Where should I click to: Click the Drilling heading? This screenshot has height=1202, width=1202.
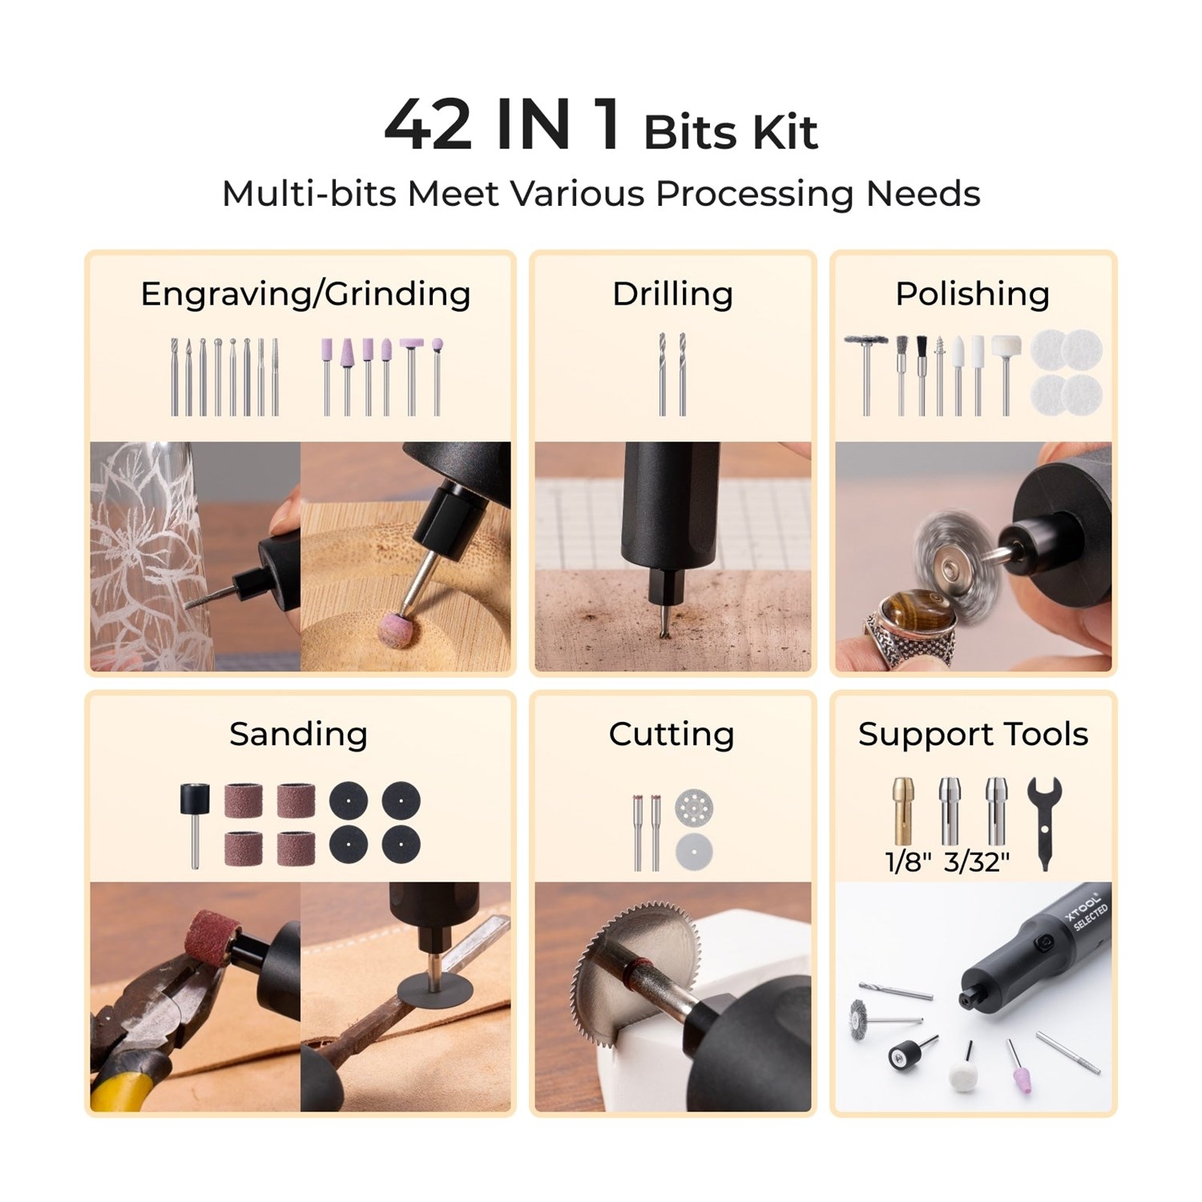click(x=672, y=294)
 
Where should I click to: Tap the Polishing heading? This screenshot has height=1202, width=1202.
click(x=972, y=294)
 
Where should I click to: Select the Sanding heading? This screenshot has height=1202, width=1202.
click(x=298, y=734)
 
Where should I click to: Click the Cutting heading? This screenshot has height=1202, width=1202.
click(x=672, y=734)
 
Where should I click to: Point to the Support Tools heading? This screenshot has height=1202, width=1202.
click(x=973, y=734)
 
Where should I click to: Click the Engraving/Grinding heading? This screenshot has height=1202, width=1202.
click(x=305, y=294)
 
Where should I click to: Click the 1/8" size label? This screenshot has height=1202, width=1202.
click(x=908, y=862)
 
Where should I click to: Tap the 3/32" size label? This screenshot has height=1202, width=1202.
click(x=976, y=862)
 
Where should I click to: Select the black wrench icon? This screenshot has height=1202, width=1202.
click(x=1044, y=821)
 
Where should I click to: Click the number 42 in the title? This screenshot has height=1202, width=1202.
click(x=428, y=125)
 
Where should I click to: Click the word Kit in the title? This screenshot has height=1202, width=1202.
click(x=783, y=133)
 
